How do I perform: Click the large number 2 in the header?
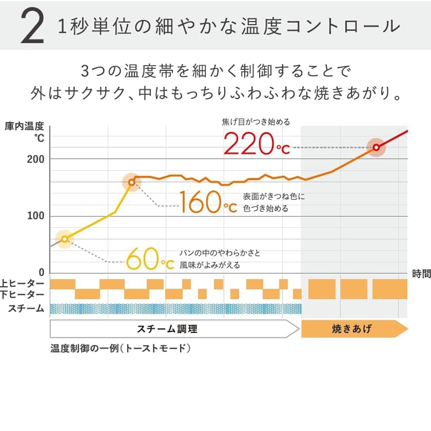32,26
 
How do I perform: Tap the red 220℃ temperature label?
256,144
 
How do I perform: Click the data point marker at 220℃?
376,147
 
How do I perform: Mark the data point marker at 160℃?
131,183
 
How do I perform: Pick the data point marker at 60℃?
65,239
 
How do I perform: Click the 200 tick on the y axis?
36,159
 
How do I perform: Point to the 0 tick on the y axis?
41,273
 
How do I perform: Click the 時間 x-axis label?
421,274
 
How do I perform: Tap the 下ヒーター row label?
23,294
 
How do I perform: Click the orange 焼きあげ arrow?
353,329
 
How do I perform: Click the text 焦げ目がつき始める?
256,122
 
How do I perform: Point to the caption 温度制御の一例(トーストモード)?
121,348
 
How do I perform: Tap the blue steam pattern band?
175,309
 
